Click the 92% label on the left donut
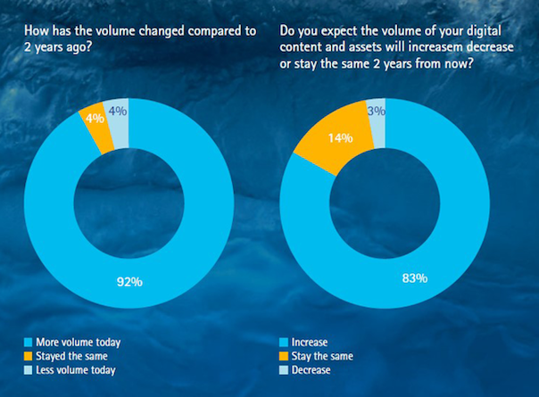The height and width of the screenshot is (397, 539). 129,282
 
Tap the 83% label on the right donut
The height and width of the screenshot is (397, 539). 415,277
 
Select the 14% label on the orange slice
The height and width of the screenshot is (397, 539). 340,138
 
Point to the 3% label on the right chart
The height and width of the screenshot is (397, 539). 377,111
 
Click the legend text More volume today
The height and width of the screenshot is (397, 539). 79,343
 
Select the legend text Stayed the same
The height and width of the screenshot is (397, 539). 72,356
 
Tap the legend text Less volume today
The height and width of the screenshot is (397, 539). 76,370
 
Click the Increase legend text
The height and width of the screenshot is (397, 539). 310,343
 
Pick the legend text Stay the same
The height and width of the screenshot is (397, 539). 322,356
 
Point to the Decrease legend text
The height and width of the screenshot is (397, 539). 311,370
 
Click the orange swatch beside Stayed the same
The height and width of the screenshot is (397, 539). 29,357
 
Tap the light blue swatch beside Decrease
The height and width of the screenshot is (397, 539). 284,370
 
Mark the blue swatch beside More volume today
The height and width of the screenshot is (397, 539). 29,343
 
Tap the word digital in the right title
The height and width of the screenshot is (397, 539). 484,31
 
